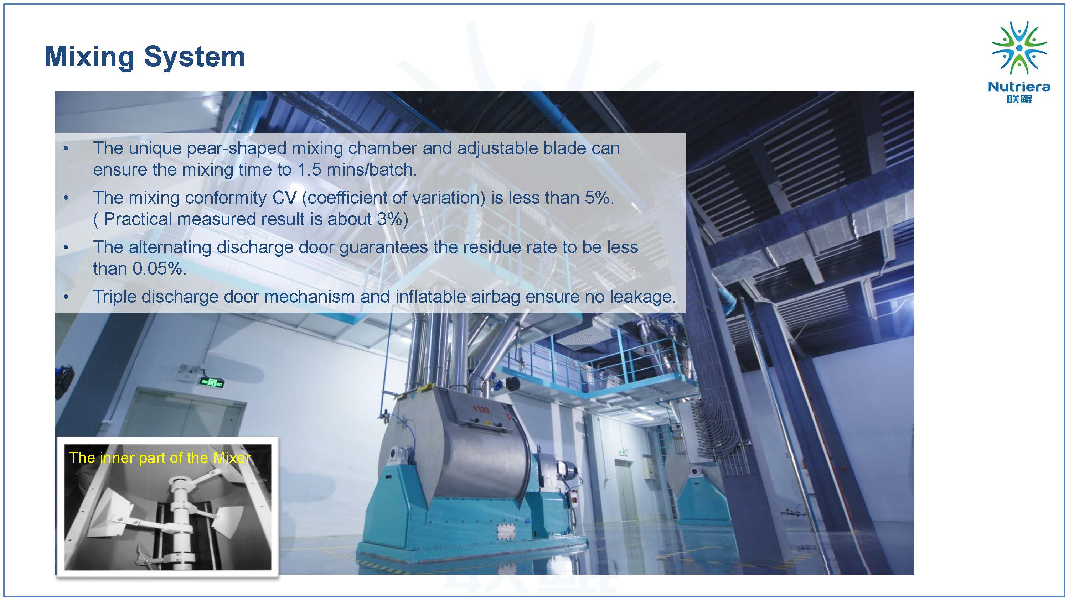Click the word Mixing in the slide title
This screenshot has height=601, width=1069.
pyautogui.click(x=89, y=57)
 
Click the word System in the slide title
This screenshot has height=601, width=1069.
pyautogui.click(x=195, y=57)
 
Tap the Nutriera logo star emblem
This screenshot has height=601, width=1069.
pyautogui.click(x=1019, y=48)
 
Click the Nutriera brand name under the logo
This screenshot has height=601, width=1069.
pyautogui.click(x=1019, y=87)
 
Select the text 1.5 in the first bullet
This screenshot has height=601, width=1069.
pyautogui.click(x=309, y=169)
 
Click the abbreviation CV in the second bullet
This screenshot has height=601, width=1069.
pyautogui.click(x=285, y=198)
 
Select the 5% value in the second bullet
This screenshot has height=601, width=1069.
pyautogui.click(x=599, y=198)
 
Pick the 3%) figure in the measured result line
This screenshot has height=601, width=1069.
pyautogui.click(x=393, y=219)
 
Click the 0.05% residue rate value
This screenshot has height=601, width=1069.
pyautogui.click(x=159, y=269)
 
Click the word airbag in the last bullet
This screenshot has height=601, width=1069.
pyautogui.click(x=496, y=297)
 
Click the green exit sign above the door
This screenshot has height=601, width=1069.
pyautogui.click(x=211, y=382)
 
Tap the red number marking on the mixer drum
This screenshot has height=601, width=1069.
pyautogui.click(x=481, y=410)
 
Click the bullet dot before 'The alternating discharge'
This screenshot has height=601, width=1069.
pyautogui.click(x=66, y=247)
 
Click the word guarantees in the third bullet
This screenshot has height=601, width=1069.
pyautogui.click(x=383, y=247)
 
